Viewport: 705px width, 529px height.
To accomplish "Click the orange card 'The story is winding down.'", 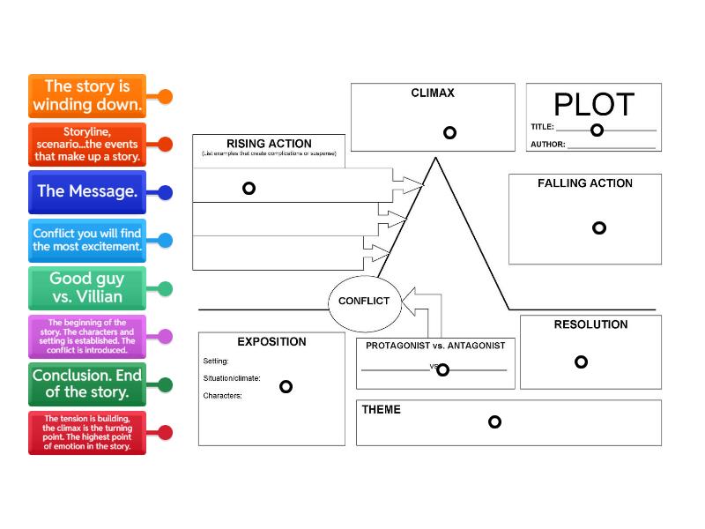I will pyautogui.click(x=86, y=96).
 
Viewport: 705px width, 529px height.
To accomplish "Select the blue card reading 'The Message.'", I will pyautogui.click(x=86, y=191).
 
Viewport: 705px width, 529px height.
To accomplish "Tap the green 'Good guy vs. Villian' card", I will pyautogui.click(x=86, y=288).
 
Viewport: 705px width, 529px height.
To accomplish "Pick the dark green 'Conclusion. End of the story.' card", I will pyautogui.click(x=86, y=384).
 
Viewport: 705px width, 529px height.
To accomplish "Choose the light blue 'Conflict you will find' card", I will pyautogui.click(x=86, y=240).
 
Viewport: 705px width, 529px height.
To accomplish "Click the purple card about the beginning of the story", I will pyautogui.click(x=86, y=336).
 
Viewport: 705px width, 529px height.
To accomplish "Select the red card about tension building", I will pyautogui.click(x=86, y=432).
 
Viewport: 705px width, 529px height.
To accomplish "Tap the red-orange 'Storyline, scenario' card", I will pyautogui.click(x=86, y=144).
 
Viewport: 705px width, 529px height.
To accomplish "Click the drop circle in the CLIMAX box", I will pyautogui.click(x=449, y=133).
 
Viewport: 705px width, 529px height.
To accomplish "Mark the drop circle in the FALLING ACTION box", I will pyautogui.click(x=599, y=227).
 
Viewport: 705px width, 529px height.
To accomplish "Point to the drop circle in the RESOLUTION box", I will pyautogui.click(x=581, y=361).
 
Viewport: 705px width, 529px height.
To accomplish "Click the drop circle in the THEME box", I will pyautogui.click(x=494, y=421).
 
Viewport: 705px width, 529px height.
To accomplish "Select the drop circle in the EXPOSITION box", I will pyautogui.click(x=286, y=386).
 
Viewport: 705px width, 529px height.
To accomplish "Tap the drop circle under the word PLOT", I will pyautogui.click(x=597, y=130).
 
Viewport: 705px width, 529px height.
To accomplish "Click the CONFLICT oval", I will pyautogui.click(x=364, y=301).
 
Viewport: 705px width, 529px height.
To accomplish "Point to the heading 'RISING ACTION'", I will pyautogui.click(x=269, y=144).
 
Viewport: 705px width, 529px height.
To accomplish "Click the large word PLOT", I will pyautogui.click(x=593, y=105).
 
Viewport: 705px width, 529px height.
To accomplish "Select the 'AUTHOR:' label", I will pyautogui.click(x=547, y=145).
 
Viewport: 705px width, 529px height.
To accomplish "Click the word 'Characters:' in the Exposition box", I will pyautogui.click(x=222, y=396).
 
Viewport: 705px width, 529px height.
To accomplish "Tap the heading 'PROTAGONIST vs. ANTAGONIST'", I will pyautogui.click(x=435, y=346).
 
